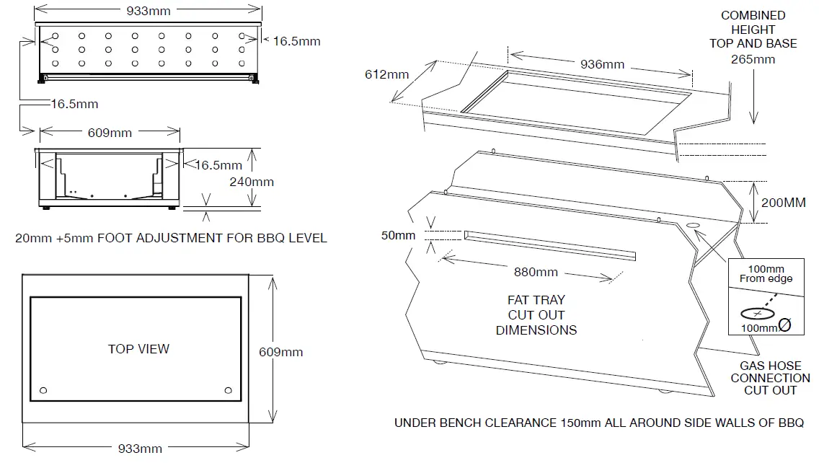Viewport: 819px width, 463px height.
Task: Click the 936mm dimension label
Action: coord(602,64)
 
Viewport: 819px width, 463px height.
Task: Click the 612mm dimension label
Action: coord(386,74)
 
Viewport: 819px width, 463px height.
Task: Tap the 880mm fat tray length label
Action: coord(536,272)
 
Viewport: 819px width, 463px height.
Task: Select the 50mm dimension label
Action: coord(399,235)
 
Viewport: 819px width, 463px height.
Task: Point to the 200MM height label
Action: coord(784,203)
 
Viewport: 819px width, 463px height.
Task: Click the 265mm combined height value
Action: coord(753,59)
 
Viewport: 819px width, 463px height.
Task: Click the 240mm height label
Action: coord(252,182)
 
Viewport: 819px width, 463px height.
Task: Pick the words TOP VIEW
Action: coord(138,349)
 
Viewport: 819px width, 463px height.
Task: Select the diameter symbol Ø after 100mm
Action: coord(786,326)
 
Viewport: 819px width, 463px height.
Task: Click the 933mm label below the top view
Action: coord(140,449)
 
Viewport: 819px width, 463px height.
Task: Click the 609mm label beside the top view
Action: coord(281,353)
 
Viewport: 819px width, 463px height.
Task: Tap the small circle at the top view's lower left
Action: coord(43,390)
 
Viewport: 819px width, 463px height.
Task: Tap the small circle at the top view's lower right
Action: coord(229,390)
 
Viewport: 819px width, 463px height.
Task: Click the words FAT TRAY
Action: coord(536,300)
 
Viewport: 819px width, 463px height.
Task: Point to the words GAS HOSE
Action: coord(770,366)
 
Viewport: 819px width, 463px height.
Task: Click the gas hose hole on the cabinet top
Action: coord(694,227)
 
